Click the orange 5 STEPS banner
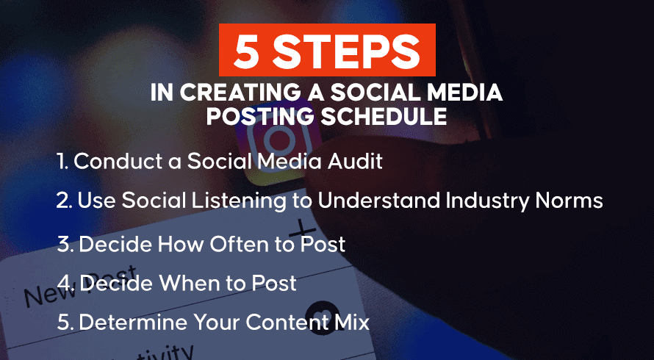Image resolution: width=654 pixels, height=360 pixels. coord(327,50)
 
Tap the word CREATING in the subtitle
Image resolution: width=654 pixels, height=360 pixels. coord(234,93)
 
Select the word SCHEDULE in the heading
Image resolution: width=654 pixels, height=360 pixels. coord(384,118)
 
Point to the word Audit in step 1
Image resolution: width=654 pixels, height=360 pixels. coord(355,162)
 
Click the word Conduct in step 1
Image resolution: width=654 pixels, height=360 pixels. coord(115,162)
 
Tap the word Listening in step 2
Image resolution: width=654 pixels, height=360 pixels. coord(239,201)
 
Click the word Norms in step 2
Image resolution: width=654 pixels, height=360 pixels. coord(570,201)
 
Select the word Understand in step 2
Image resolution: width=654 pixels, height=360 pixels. coord(378,201)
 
